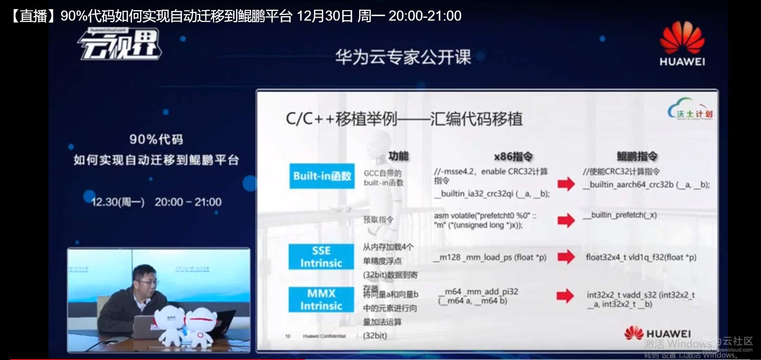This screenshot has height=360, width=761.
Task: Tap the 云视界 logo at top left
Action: (120, 45)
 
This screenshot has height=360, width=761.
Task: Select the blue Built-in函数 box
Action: (322, 176)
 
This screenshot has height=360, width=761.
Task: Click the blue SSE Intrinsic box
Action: (321, 257)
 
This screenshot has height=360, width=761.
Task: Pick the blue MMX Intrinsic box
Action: (321, 299)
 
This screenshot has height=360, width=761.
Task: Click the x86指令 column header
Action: (513, 156)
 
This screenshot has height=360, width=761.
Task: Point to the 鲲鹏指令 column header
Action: (637, 156)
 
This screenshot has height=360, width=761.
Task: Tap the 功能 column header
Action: (398, 156)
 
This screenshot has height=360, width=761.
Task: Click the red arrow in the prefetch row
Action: (566, 220)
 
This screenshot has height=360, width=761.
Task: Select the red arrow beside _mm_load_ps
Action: (566, 257)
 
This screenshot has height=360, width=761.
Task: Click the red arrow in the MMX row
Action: (565, 296)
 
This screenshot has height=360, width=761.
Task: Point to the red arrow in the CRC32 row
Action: (566, 184)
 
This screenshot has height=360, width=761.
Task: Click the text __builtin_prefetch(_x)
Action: (620, 215)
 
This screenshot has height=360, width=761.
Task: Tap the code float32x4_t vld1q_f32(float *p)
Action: (641, 257)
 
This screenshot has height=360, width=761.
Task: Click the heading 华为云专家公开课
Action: (403, 57)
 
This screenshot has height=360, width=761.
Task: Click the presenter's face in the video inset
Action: (145, 278)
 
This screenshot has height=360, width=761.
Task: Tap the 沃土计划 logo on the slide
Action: (690, 109)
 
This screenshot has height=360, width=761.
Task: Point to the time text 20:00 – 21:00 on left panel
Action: (188, 202)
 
